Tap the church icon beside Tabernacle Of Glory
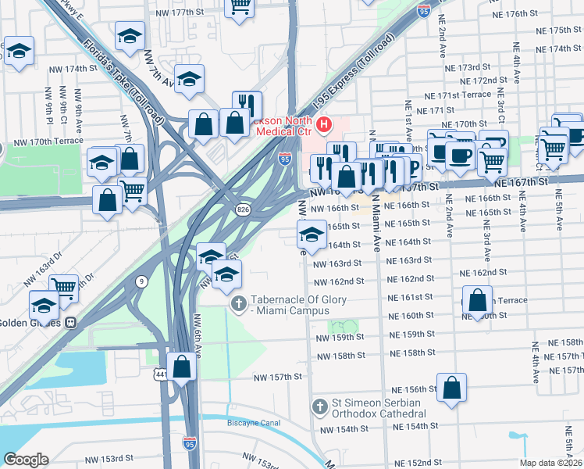click(239, 302)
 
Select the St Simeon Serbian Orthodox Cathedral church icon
click(319, 406)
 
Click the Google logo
click(26, 460)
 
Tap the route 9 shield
click(141, 281)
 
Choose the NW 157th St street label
click(277, 377)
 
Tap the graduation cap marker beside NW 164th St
click(311, 234)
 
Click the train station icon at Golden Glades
click(70, 321)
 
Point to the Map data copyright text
click(550, 463)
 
